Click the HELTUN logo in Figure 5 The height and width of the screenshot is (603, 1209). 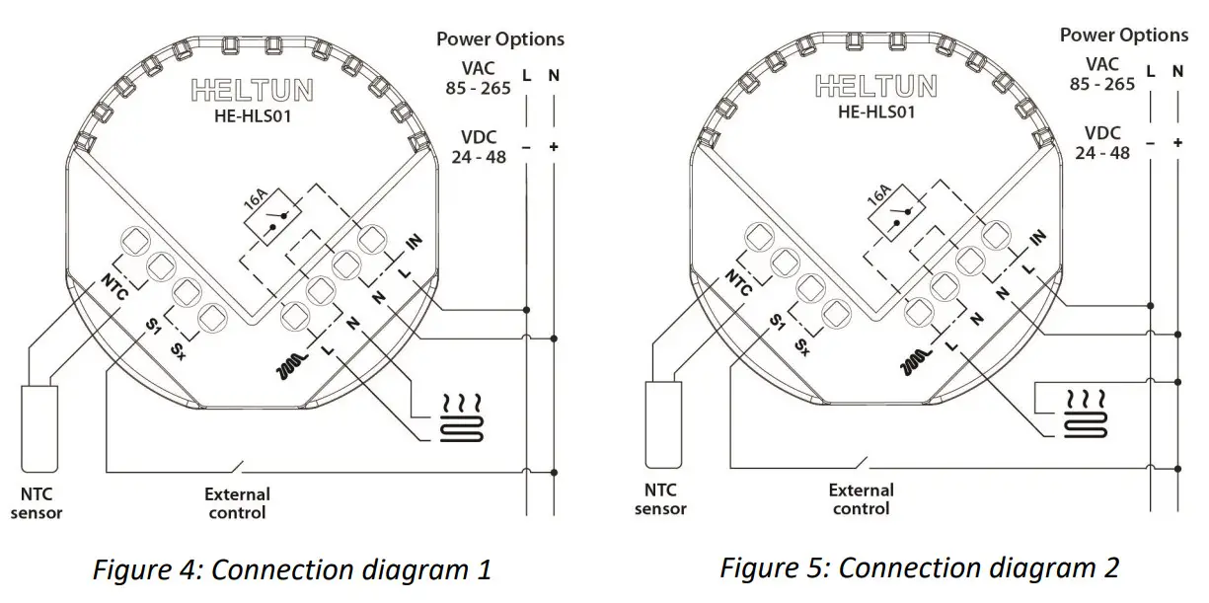(x=876, y=87)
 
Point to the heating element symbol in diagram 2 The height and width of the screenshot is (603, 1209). (x=1085, y=413)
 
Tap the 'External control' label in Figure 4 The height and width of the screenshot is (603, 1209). (x=237, y=502)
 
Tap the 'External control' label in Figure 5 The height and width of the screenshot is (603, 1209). (x=861, y=498)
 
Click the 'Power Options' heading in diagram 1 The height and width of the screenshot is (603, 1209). (x=500, y=39)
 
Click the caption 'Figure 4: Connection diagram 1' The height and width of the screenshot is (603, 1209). (x=292, y=570)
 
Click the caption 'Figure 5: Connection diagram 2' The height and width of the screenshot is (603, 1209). (x=919, y=568)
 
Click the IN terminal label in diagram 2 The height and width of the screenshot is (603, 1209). (x=1036, y=237)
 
